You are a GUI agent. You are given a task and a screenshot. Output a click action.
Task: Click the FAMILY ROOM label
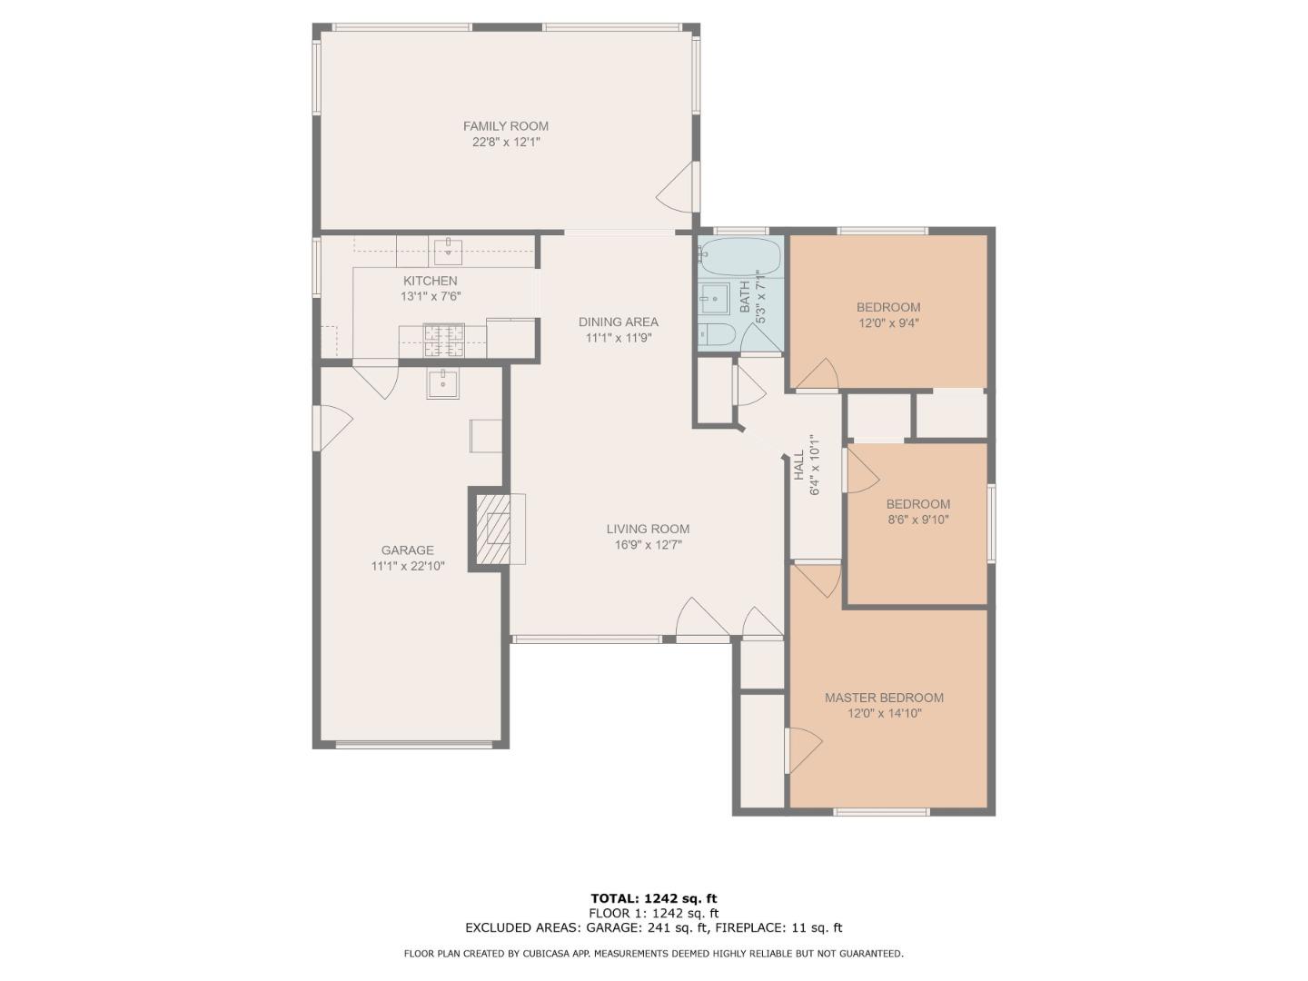505,126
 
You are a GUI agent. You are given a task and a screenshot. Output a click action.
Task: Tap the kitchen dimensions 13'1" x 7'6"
431,297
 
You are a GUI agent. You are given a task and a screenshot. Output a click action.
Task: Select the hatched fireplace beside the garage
493,529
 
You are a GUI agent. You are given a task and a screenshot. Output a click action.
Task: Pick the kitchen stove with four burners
443,342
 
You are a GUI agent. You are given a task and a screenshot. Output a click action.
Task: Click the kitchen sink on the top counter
448,252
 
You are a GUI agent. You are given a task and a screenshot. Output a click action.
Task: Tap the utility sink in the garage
442,384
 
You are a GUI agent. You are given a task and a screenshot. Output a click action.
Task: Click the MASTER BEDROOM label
885,698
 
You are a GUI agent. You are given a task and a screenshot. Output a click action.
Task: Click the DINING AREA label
619,322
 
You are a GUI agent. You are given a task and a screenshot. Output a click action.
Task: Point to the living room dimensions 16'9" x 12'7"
649,544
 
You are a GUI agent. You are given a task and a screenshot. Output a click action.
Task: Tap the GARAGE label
408,550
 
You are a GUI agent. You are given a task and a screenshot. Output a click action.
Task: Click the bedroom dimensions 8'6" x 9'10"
918,520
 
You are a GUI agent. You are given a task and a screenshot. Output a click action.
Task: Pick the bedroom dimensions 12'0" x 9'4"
888,323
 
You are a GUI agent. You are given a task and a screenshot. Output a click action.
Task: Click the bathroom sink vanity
715,300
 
